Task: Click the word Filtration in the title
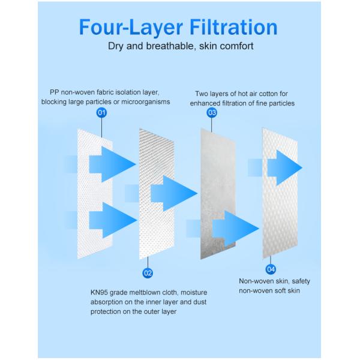pyautogui.click(x=233, y=27)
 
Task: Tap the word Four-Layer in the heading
pyautogui.click(x=131, y=28)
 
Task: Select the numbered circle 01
pyautogui.click(x=101, y=113)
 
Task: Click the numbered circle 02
pyautogui.click(x=148, y=273)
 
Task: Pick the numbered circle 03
pyautogui.click(x=212, y=113)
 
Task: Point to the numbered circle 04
pyautogui.click(x=271, y=269)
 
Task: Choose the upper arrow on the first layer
pyautogui.click(x=113, y=164)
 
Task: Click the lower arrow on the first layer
pyautogui.click(x=113, y=220)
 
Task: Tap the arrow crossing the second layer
pyautogui.click(x=174, y=193)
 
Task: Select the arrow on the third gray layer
pyautogui.click(x=236, y=228)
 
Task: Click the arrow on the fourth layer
pyautogui.click(x=284, y=167)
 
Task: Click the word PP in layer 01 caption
pyautogui.click(x=55, y=92)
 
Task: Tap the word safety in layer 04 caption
pyautogui.click(x=301, y=281)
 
